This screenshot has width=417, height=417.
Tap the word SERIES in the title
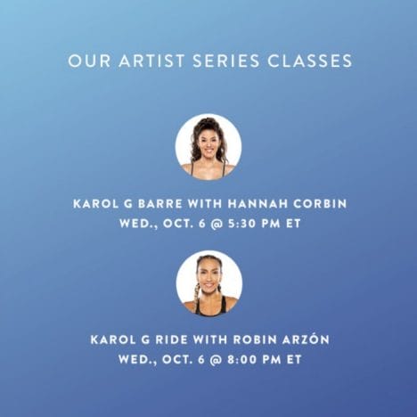point(226,61)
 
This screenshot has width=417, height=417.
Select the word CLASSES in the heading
point(310,61)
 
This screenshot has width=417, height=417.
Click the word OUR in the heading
point(89,61)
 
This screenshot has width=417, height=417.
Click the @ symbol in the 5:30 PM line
point(217,224)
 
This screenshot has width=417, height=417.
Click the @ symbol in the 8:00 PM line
point(217,359)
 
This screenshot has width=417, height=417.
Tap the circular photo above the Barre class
point(208,147)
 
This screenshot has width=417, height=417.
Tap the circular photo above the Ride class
point(208,282)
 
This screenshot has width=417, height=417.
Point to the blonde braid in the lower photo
point(196,296)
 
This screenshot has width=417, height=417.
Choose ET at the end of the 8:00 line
point(294,359)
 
